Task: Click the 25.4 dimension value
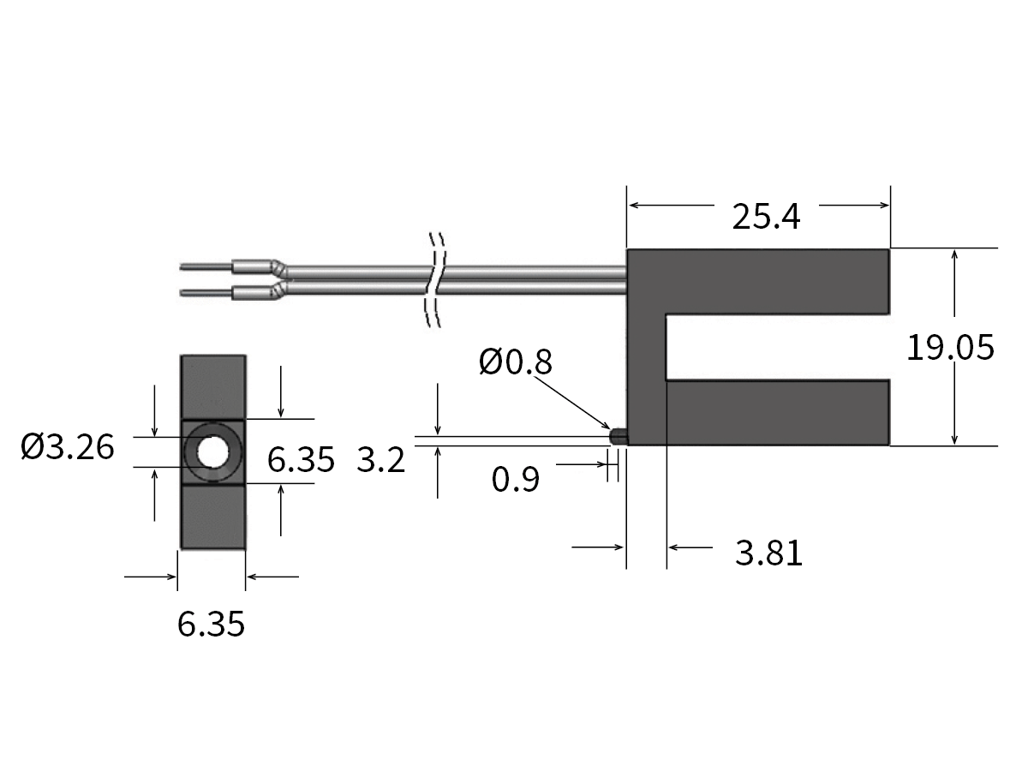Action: click(766, 218)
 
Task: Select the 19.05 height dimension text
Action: click(950, 348)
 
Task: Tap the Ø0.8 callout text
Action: click(516, 362)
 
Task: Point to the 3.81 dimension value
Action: click(768, 553)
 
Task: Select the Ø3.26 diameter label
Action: click(68, 446)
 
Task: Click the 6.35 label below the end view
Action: click(211, 624)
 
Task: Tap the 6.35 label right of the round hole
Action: click(300, 460)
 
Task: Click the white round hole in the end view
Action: click(212, 451)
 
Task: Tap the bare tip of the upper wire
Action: click(205, 266)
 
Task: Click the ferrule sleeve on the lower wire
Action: click(254, 291)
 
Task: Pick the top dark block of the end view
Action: click(212, 386)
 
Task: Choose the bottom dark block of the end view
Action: click(212, 516)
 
